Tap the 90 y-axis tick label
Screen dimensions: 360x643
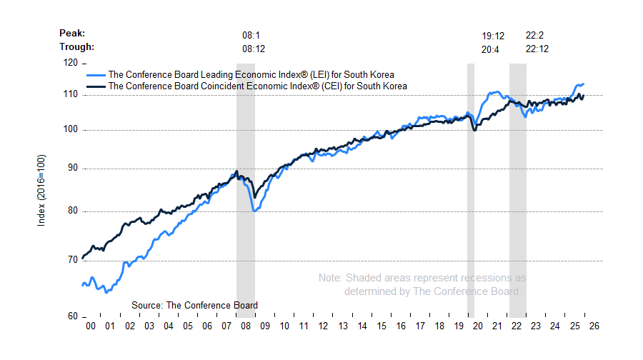[x=70, y=169]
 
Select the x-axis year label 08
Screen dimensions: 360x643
[x=246, y=326]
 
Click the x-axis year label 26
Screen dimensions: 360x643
[x=594, y=326]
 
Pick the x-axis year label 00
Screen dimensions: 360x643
[x=91, y=326]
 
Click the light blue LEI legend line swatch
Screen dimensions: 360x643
[x=95, y=74]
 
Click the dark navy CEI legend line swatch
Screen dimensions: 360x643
[x=95, y=86]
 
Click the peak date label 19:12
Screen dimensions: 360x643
[x=493, y=34]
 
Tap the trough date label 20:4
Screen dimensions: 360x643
[x=490, y=49]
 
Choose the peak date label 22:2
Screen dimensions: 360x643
[x=534, y=34]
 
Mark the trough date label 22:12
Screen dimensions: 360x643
[x=537, y=49]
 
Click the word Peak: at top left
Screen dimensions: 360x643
[x=73, y=33]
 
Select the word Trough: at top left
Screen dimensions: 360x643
[x=77, y=47]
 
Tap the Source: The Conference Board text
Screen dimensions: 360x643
[x=194, y=305]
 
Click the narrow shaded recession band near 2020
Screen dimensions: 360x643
[x=471, y=189]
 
